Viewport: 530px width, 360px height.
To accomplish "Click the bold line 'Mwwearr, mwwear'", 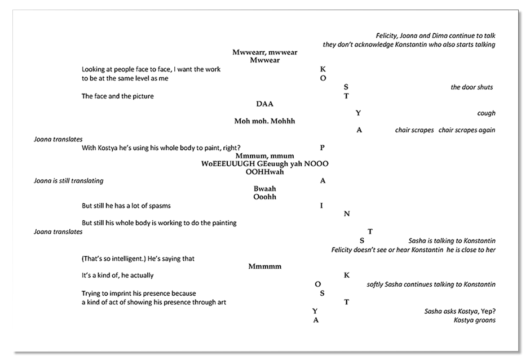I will (264, 52).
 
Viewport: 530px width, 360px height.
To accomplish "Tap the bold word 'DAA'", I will (264, 104).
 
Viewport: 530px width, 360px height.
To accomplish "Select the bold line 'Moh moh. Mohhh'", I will (264, 121).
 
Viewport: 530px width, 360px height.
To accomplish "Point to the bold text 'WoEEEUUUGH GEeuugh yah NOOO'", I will (264, 164).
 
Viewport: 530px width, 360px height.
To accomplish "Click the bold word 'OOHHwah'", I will (264, 172).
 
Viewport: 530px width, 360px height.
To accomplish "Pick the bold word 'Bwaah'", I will (264, 189).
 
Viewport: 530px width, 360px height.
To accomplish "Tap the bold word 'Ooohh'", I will (264, 197).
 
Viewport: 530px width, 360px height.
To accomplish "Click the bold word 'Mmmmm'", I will (264, 266).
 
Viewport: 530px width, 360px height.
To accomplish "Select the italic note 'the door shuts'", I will (471, 87).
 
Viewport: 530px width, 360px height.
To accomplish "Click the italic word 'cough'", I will (486, 113).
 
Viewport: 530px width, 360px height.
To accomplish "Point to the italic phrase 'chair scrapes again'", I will (467, 130).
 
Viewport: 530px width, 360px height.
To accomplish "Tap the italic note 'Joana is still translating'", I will (68, 181).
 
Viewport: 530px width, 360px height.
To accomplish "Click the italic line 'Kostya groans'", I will (474, 321).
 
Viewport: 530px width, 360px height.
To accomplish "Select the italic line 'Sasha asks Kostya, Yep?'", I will (460, 312).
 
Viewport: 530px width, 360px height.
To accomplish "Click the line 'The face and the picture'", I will (117, 96).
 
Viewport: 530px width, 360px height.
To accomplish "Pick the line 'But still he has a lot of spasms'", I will (126, 206).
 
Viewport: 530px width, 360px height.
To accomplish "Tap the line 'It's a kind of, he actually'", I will (117, 275).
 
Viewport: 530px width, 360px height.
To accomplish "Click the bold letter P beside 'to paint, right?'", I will (323, 148).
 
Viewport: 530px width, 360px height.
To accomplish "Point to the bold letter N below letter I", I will (347, 214).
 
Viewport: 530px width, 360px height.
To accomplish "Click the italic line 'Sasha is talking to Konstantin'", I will (452, 241).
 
